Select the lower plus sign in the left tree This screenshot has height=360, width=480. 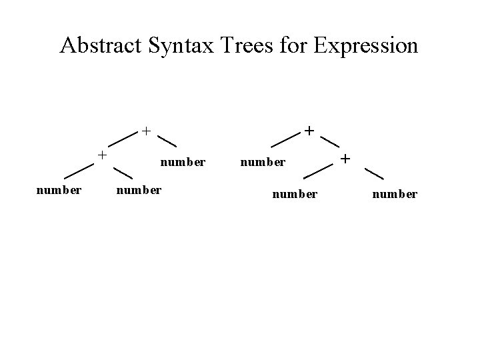[x=102, y=155]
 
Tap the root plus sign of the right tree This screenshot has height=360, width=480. [x=309, y=130]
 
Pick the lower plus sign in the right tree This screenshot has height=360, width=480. [x=345, y=159]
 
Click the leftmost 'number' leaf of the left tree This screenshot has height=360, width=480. [x=59, y=190]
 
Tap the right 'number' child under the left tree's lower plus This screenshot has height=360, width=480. [x=138, y=190]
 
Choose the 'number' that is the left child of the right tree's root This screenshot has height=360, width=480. [x=263, y=161]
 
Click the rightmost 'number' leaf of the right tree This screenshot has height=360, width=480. [x=395, y=194]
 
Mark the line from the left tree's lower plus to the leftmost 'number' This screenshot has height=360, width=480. [x=77, y=171]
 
